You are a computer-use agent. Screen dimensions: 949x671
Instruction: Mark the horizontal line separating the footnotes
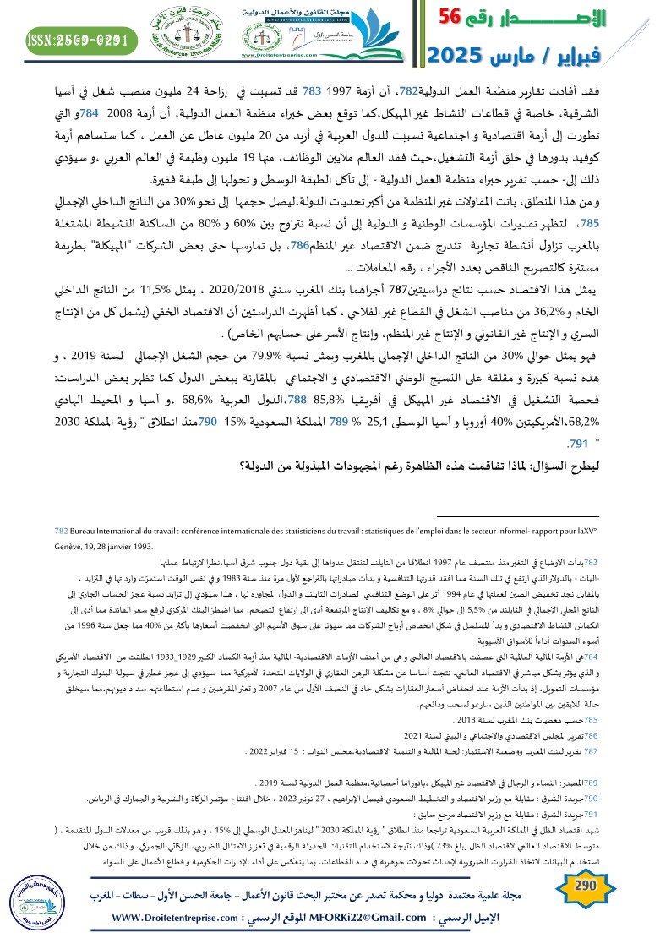(523, 517)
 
